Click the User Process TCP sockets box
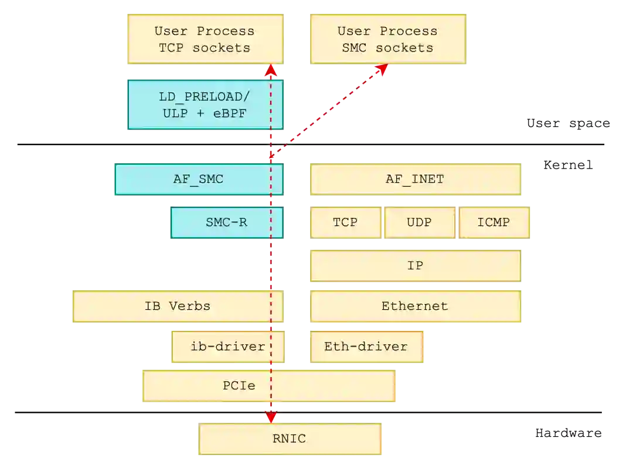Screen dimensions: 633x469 [x=205, y=39]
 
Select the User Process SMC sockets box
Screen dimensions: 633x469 [x=388, y=39]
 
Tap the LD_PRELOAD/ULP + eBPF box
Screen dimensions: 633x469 [x=205, y=105]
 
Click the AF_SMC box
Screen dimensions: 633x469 [x=198, y=179]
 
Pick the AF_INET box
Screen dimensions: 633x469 [x=415, y=179]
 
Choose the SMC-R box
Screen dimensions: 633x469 [x=227, y=222]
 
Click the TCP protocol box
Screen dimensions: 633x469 [x=345, y=222]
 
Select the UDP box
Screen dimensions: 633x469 [x=419, y=222]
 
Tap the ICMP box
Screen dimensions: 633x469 [x=494, y=222]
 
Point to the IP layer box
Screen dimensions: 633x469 [x=415, y=265]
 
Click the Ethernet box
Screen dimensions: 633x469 [x=415, y=306]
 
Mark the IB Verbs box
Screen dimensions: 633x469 [x=177, y=306]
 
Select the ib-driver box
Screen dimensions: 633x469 [x=227, y=347]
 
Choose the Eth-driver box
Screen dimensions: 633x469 [x=366, y=347]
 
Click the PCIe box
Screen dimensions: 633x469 [x=268, y=386]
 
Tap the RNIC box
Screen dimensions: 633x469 [x=290, y=439]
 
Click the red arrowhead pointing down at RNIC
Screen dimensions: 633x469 [x=270, y=416]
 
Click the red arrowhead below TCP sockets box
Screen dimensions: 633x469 [x=270, y=71]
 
